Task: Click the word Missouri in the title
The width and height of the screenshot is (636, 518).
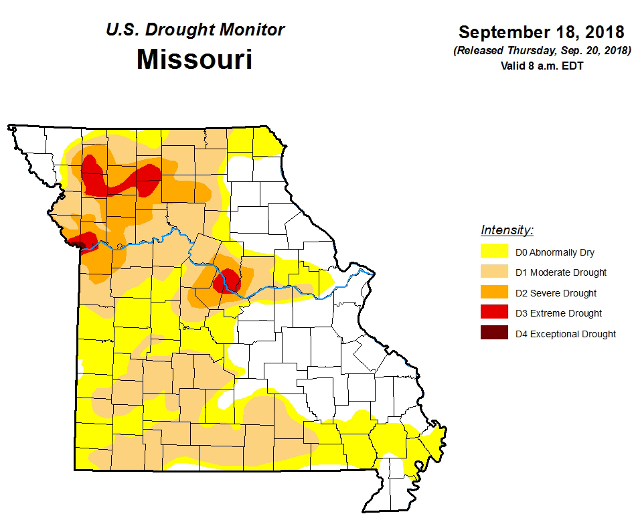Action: (194, 60)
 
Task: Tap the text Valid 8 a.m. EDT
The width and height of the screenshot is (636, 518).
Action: (543, 66)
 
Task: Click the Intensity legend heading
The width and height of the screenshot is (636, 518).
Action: (507, 231)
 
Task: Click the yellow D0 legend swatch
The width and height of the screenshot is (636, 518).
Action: (493, 252)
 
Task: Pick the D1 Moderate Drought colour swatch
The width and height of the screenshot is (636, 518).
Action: (493, 272)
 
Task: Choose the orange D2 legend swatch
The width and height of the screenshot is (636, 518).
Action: (493, 292)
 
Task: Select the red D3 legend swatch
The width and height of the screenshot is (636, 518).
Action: (493, 313)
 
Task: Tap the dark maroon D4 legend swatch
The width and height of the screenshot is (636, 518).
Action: (493, 333)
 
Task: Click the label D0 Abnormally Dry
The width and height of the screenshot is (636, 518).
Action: (554, 253)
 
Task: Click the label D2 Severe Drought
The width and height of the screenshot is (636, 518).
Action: (556, 293)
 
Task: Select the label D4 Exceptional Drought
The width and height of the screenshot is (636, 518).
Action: (565, 334)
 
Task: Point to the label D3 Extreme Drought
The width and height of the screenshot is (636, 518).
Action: (558, 313)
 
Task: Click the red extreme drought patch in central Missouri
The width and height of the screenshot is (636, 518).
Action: (228, 280)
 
